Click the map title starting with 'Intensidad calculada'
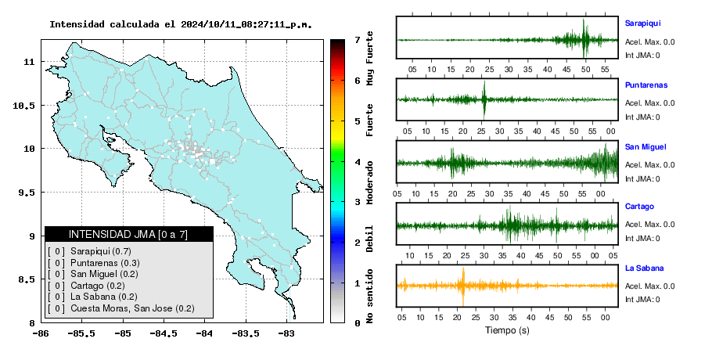click(x=181, y=24)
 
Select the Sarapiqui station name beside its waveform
click(x=642, y=23)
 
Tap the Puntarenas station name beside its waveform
click(x=646, y=85)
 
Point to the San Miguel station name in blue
click(x=645, y=146)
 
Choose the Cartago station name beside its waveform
click(x=639, y=207)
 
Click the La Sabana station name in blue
click(x=645, y=268)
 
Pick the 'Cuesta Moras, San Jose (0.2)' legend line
click(x=132, y=308)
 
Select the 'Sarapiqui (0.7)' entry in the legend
click(x=101, y=251)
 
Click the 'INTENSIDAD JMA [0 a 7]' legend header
click(x=128, y=234)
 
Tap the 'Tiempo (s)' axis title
click(x=507, y=330)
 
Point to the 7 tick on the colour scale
click(x=358, y=40)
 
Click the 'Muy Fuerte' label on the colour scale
click(x=369, y=58)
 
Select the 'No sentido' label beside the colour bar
click(x=369, y=296)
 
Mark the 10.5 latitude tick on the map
click(x=24, y=106)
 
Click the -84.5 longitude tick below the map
click(x=164, y=333)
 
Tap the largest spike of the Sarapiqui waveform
click(x=584, y=38)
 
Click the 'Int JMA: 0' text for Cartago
click(x=642, y=239)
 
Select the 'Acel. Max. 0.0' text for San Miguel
click(x=649, y=165)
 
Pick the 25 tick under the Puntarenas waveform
click(x=481, y=131)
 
